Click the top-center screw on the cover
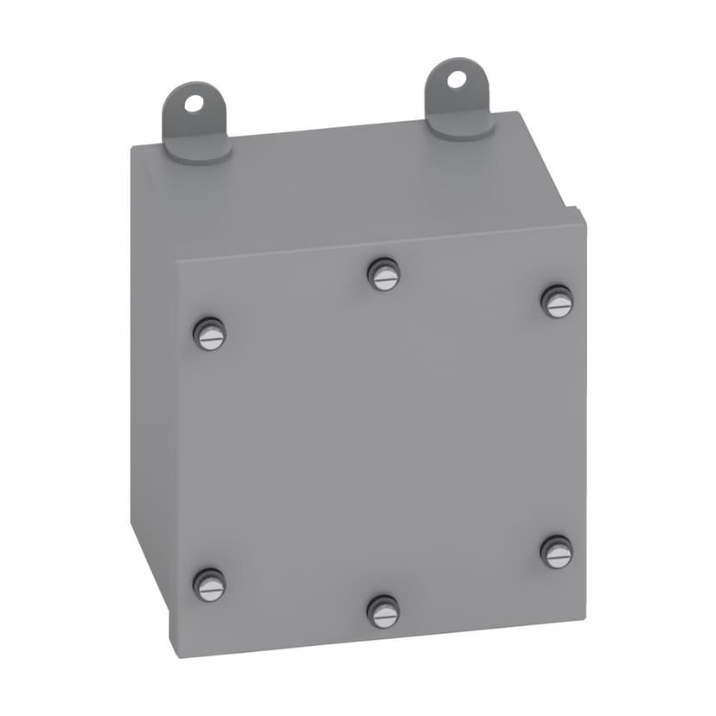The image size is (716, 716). (x=384, y=275)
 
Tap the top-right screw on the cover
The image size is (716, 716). (x=558, y=301)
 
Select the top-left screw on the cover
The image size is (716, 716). (x=209, y=334)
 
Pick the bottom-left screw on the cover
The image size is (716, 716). (x=209, y=585)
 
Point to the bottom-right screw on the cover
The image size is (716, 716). (x=557, y=552)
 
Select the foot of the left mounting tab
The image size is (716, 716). (x=198, y=149)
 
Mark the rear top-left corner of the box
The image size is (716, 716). (x=132, y=148)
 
